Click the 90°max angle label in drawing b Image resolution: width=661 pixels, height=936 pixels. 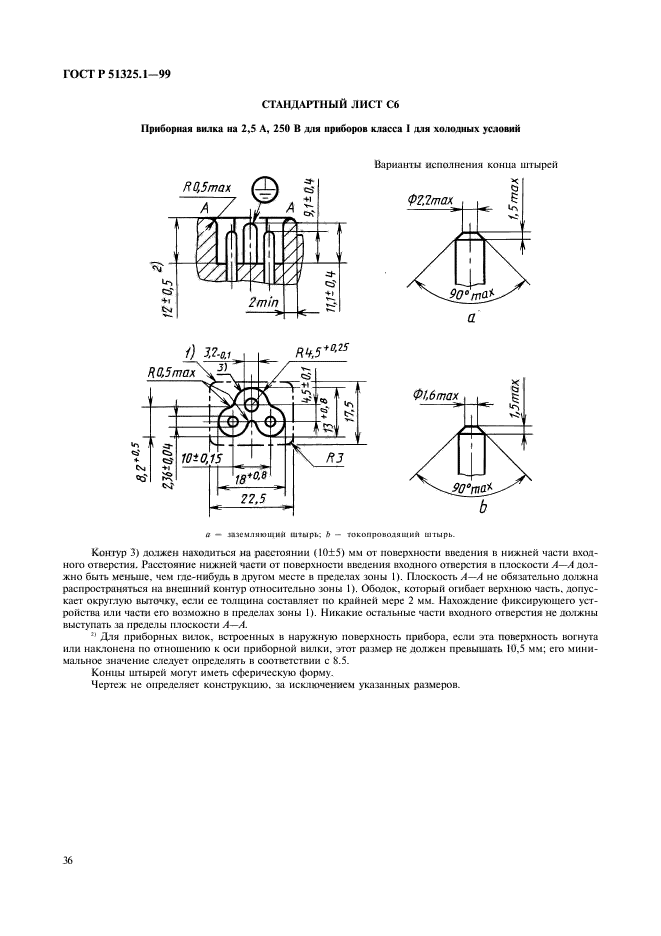click(x=470, y=487)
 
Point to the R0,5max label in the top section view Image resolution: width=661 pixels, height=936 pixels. click(x=206, y=187)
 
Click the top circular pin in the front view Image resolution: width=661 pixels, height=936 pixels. click(x=251, y=402)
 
